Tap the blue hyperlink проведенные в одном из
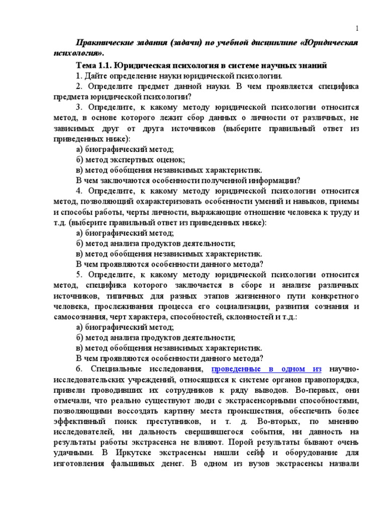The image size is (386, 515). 266,369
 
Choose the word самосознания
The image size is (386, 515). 75,316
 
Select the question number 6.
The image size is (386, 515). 78,369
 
